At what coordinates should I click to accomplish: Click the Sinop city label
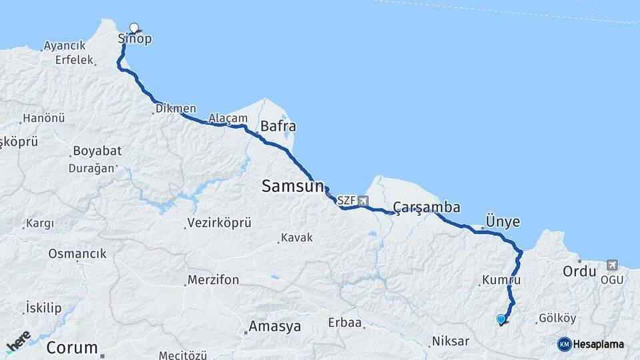135,39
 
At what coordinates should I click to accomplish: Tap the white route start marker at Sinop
134,28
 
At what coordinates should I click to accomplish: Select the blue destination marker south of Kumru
501,319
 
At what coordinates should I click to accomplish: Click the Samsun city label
293,187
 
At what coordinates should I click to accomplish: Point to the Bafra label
278,126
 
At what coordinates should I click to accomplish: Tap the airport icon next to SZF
363,200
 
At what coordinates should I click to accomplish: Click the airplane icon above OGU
612,265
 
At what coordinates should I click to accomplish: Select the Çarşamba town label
427,208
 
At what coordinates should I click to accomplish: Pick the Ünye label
503,222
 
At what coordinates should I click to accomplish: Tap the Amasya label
274,327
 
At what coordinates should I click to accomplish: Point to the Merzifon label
213,280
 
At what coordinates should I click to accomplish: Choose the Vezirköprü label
219,223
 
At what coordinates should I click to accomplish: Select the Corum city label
72,348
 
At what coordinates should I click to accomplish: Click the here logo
18,341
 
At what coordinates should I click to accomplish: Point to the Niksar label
451,341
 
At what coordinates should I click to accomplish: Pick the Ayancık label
65,46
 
